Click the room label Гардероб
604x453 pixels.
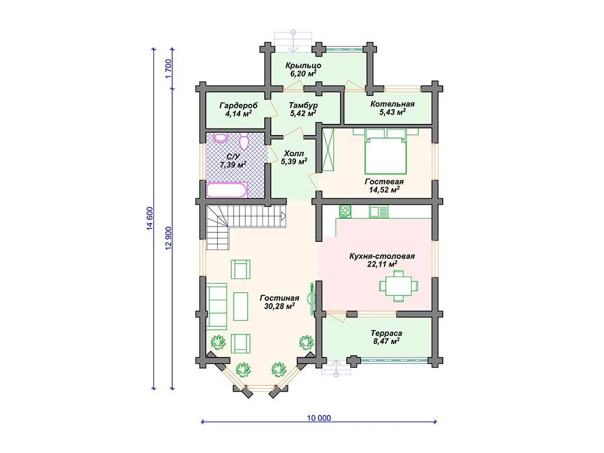tap(238, 105)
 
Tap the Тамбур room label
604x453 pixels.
tap(303, 105)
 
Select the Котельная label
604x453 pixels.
tap(392, 104)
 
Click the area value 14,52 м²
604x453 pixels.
tap(383, 189)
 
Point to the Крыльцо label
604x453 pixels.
tap(304, 65)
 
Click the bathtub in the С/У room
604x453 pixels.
tap(227, 189)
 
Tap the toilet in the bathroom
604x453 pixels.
tap(244, 142)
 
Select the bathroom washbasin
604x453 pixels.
tap(221, 138)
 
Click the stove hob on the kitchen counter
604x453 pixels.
tap(345, 211)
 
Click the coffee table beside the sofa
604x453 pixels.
tap(241, 306)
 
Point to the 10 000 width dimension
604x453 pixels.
tap(319, 418)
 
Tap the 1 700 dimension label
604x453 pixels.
tap(168, 69)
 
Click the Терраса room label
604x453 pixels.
tap(386, 333)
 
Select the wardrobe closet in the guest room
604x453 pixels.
tap(329, 151)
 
